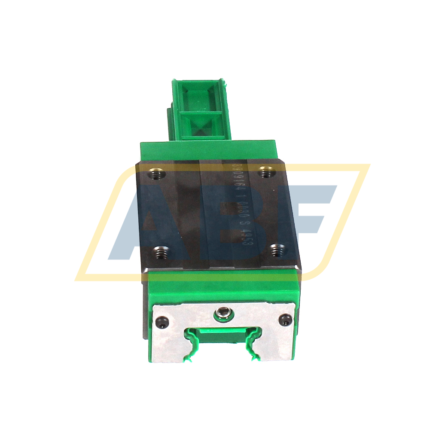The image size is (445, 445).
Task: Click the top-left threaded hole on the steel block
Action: pyautogui.click(x=156, y=174)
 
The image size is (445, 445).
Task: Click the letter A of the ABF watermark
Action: pyautogui.click(x=142, y=223)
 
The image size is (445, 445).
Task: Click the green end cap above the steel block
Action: pyautogui.click(x=208, y=150)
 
